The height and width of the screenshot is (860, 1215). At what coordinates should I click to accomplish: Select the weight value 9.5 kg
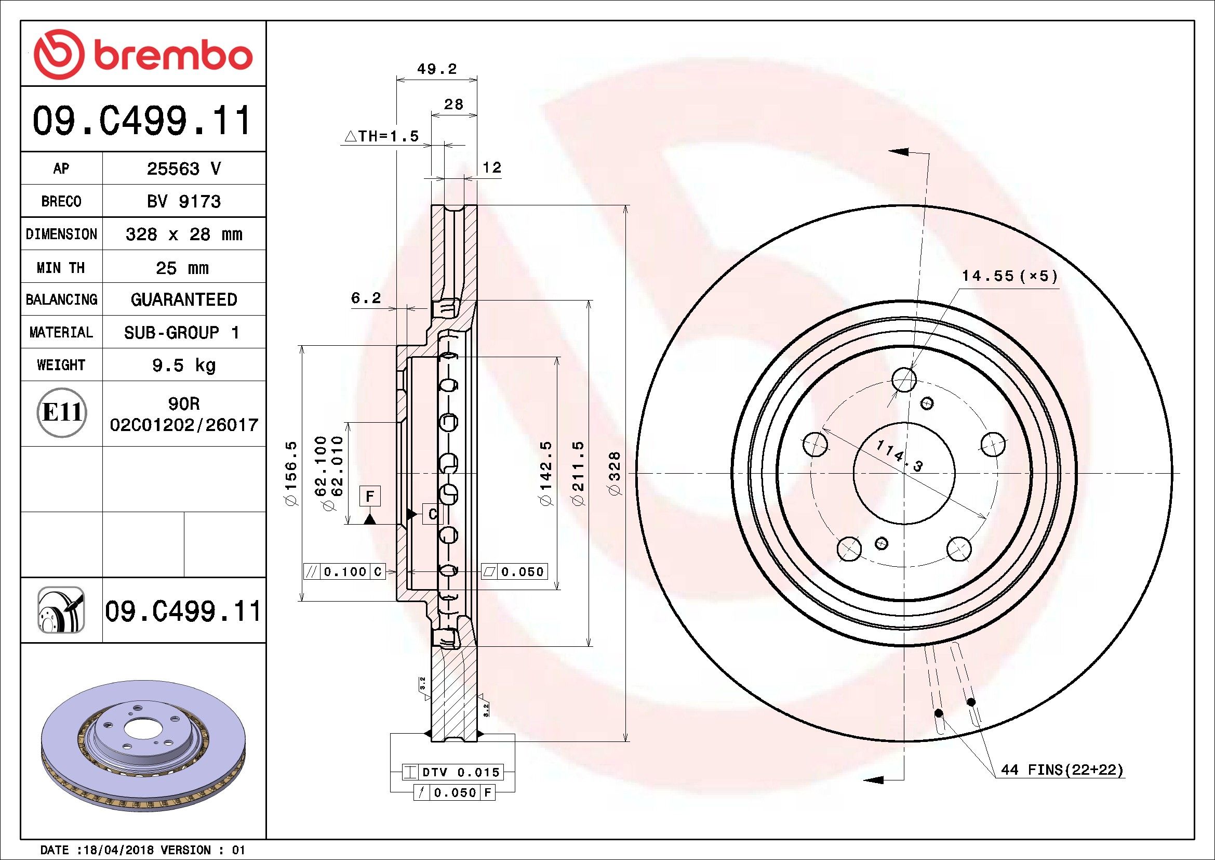(183, 365)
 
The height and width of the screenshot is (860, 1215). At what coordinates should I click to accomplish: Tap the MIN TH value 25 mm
(182, 268)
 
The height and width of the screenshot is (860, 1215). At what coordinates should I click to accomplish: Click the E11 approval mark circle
(61, 412)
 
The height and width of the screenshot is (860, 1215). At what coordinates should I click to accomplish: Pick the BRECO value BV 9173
(183, 201)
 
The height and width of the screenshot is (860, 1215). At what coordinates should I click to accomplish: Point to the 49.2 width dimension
(437, 69)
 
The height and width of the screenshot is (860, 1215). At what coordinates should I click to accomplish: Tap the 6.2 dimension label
(366, 297)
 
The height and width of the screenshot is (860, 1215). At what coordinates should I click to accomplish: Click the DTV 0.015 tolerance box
(452, 772)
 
